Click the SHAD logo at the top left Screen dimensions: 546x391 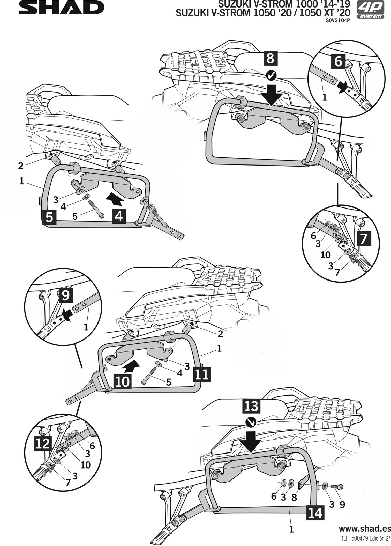(61, 8)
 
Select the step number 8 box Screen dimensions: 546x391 (270, 58)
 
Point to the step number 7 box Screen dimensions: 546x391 (363, 239)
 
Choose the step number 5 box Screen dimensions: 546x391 (49, 217)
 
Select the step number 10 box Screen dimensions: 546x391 (122, 381)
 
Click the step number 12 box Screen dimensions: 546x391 (43, 443)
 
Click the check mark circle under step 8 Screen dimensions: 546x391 (271, 75)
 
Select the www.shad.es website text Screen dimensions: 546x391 (364, 529)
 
